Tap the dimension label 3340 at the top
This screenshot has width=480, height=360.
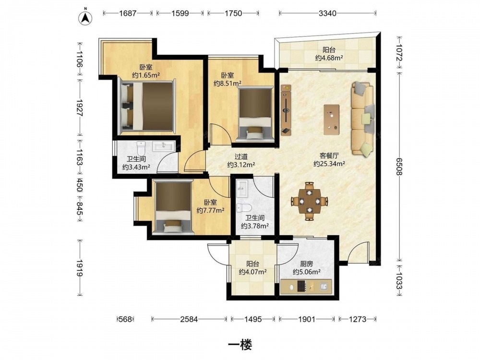[327, 13]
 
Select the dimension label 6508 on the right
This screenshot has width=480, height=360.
[399, 167]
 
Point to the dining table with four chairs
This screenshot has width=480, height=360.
[310, 201]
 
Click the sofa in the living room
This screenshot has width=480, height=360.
[363, 119]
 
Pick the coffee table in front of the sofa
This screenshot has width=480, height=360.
[332, 120]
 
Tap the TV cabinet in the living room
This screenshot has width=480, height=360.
[286, 110]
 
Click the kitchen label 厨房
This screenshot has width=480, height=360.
[306, 264]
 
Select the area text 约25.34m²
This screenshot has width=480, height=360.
[329, 164]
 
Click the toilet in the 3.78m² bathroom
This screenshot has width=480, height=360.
[244, 208]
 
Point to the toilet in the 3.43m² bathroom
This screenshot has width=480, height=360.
[141, 148]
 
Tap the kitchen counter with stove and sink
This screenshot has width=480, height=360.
[306, 287]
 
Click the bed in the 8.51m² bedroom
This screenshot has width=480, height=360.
[255, 114]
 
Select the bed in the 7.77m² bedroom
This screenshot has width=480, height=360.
[173, 207]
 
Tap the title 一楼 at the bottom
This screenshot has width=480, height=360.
[240, 345]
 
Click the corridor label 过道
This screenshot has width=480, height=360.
[241, 157]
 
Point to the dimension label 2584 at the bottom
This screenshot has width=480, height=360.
[189, 319]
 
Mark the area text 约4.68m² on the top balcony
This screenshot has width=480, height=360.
[329, 58]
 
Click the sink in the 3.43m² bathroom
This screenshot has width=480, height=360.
[164, 146]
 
